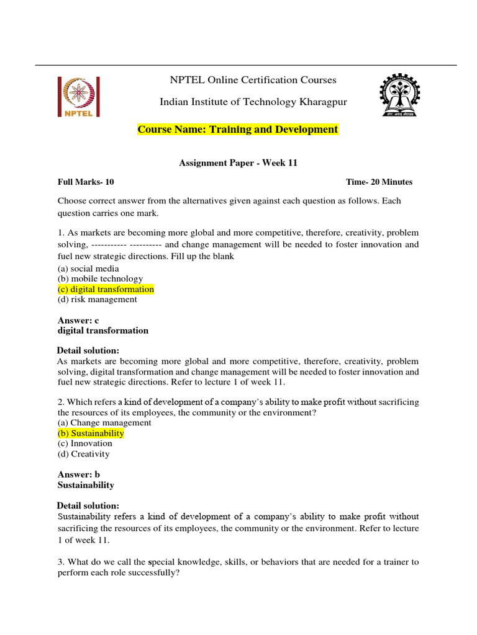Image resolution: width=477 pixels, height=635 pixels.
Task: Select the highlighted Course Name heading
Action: pyautogui.click(x=238, y=130)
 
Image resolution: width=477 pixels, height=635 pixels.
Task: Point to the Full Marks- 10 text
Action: pyautogui.click(x=86, y=182)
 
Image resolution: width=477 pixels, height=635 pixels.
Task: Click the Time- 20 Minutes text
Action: pyautogui.click(x=379, y=182)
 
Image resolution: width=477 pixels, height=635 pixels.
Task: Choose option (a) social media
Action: pyautogui.click(x=88, y=269)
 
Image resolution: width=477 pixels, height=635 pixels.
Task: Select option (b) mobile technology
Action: pyautogui.click(x=100, y=279)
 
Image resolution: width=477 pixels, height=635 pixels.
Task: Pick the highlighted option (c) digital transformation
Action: pyautogui.click(x=106, y=289)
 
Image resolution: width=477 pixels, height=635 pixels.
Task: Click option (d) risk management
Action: pyautogui.click(x=97, y=300)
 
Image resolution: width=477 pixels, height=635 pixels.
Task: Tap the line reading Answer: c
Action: pyautogui.click(x=78, y=321)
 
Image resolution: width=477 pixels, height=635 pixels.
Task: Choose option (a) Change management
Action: pyautogui.click(x=104, y=423)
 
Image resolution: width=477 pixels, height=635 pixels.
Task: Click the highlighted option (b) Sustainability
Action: pyautogui.click(x=91, y=433)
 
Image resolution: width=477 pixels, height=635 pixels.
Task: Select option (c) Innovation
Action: pyautogui.click(x=85, y=443)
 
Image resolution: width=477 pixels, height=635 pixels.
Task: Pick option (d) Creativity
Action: pyautogui.click(x=83, y=454)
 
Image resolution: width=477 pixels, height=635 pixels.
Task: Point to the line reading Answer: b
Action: pyautogui.click(x=79, y=475)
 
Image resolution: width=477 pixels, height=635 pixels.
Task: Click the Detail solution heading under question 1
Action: pyautogui.click(x=88, y=351)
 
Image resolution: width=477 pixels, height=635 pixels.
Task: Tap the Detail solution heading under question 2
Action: pyautogui.click(x=88, y=505)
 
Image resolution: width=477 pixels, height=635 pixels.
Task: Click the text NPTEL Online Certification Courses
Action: pyautogui.click(x=253, y=80)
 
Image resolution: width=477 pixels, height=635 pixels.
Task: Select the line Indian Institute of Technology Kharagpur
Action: pyautogui.click(x=253, y=102)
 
